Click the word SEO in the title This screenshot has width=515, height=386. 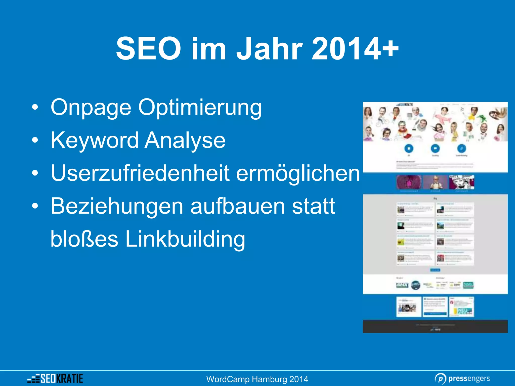point(148,48)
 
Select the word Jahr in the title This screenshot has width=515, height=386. point(269,48)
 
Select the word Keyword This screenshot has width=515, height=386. point(94,140)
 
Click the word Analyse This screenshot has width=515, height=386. point(185,140)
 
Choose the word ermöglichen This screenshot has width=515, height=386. point(298,173)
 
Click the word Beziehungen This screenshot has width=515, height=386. point(117,206)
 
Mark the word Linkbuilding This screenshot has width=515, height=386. point(185,239)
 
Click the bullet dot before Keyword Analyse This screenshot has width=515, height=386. point(35,140)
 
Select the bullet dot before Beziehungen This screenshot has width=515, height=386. point(35,206)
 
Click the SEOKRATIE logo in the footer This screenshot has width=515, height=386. point(55,378)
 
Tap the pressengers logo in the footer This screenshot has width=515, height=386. point(462,378)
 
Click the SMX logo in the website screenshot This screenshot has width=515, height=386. point(402,285)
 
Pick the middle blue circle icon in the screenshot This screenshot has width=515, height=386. point(435,148)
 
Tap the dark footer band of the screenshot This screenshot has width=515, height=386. point(435,326)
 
